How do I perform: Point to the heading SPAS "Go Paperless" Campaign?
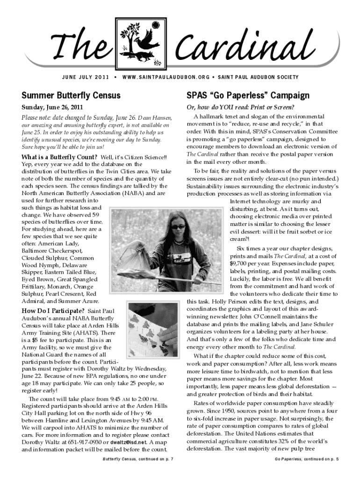[x=248, y=95]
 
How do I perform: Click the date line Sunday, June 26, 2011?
[x=51, y=108]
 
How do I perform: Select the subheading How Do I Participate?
[x=53, y=311]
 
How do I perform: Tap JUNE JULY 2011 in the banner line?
[x=85, y=77]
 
